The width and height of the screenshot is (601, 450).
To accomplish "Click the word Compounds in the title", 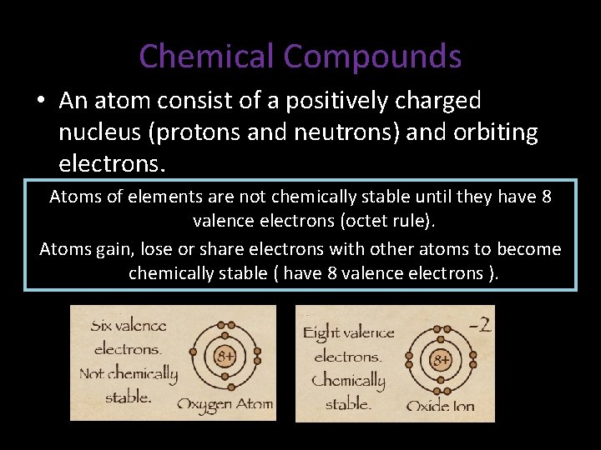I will (372, 57).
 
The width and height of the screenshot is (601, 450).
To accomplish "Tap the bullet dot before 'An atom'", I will (40, 102).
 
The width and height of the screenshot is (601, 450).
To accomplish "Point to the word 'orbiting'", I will (493, 132).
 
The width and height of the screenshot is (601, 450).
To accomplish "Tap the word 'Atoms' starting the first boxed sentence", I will (73, 197).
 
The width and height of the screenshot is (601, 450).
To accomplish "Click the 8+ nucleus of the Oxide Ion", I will (440, 360).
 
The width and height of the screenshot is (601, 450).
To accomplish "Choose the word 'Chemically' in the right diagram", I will (348, 382).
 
